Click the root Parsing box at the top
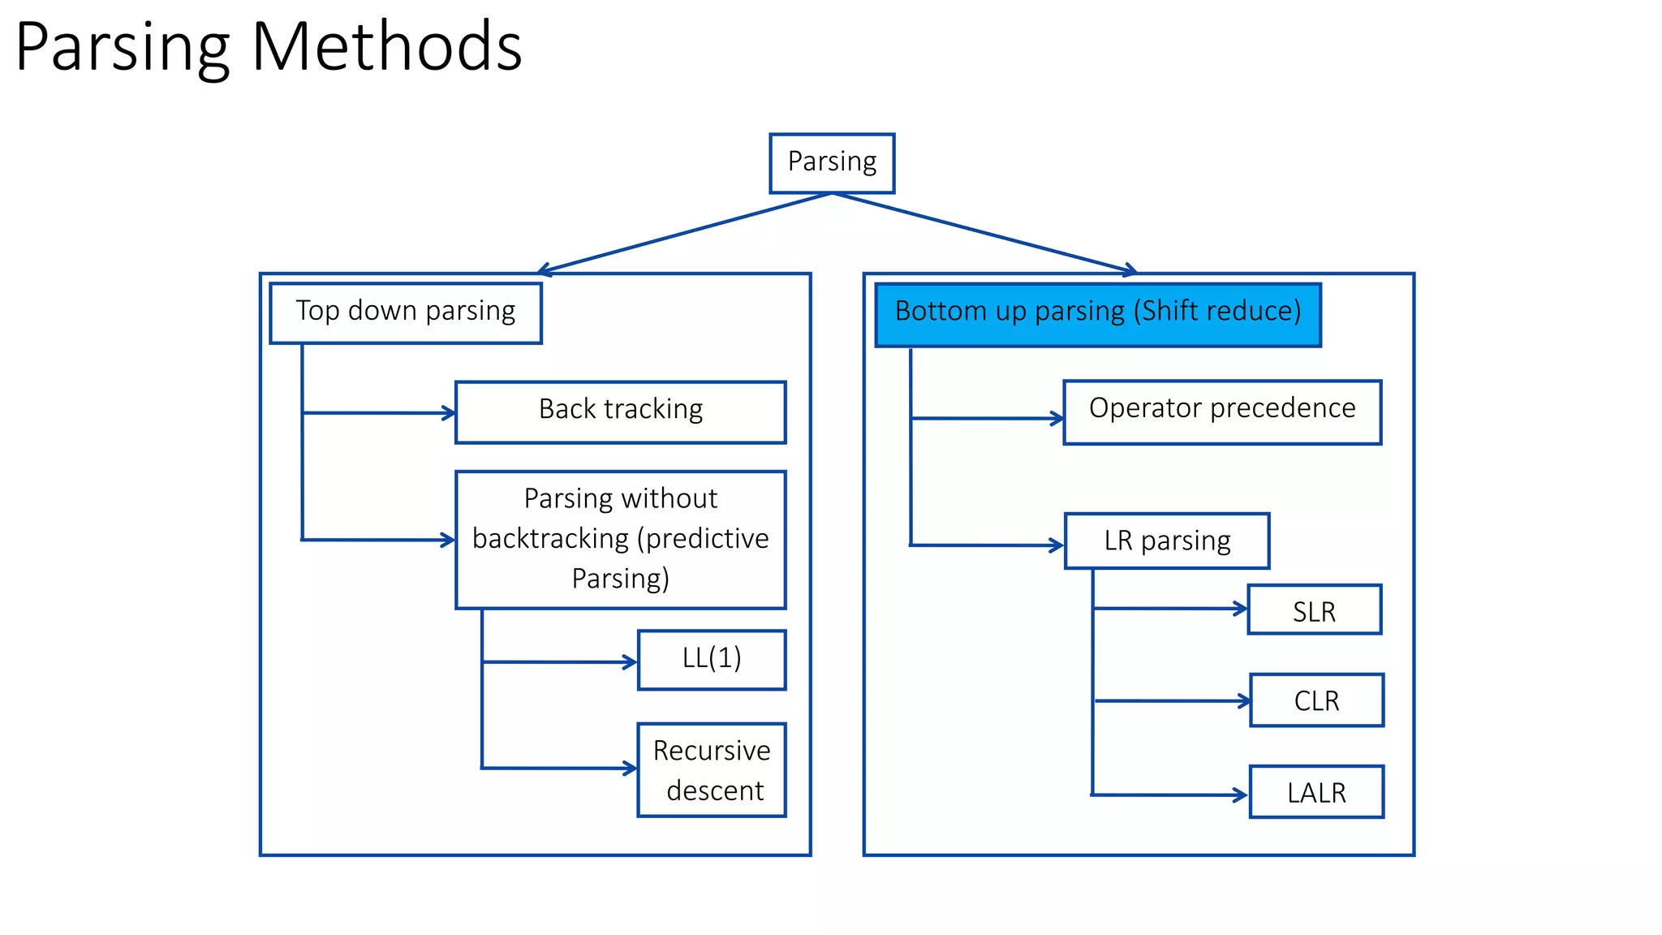coord(832,163)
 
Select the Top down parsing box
coord(405,312)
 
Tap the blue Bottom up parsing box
coord(1097,315)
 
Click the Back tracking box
coord(620,411)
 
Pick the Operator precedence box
coord(1221,411)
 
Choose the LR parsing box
coord(1166,541)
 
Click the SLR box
coord(1314,610)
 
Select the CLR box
coord(1316,700)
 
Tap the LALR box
coord(1315,791)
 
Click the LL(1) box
coord(711,659)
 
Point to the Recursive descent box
coord(711,769)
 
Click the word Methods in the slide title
coord(386,47)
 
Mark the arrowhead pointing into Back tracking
coord(449,413)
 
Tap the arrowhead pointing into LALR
coord(1242,795)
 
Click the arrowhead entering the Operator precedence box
coord(1057,419)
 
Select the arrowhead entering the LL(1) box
coord(631,662)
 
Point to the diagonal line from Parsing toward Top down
coord(686,232)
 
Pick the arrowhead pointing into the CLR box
coord(1244,700)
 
